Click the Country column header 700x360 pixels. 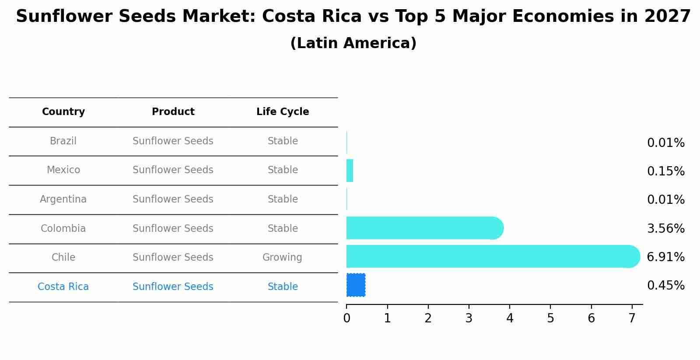[63, 112]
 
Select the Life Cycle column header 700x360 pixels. [283, 112]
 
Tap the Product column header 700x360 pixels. [173, 112]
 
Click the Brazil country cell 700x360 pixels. [63, 141]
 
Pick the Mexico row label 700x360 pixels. [63, 170]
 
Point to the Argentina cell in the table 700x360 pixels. [63, 199]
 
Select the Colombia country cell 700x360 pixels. [63, 229]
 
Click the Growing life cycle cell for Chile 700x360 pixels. [282, 258]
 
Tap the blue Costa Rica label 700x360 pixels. [63, 287]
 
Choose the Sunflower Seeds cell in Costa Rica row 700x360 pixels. [173, 287]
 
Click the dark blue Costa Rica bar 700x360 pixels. [356, 285]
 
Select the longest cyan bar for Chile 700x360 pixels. [490, 256]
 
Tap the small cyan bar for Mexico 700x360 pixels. [350, 171]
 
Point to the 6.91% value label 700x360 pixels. [665, 257]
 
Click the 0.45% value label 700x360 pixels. [665, 286]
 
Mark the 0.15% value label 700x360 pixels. [665, 171]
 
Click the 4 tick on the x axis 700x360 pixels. [510, 318]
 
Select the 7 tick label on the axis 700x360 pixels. [632, 318]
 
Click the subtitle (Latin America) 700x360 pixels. [353, 43]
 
